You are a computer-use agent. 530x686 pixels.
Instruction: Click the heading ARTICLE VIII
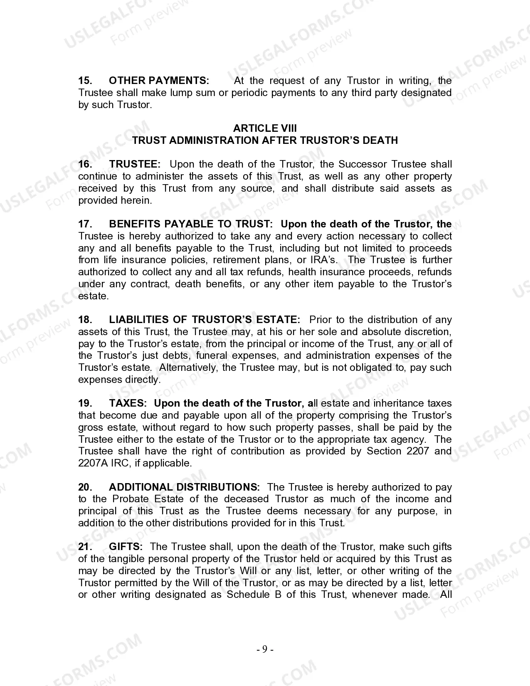click(265, 128)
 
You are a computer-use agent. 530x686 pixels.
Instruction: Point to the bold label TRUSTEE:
click(135, 165)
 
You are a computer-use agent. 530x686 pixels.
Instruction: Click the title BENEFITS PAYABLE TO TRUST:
click(191, 225)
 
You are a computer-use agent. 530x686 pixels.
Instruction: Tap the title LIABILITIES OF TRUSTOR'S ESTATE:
click(205, 320)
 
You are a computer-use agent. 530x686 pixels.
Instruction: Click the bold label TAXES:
click(128, 404)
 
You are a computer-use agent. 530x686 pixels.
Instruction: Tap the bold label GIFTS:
click(126, 547)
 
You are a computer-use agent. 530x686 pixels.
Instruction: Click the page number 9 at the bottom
click(265, 649)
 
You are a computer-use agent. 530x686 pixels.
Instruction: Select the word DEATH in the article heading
click(380, 141)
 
